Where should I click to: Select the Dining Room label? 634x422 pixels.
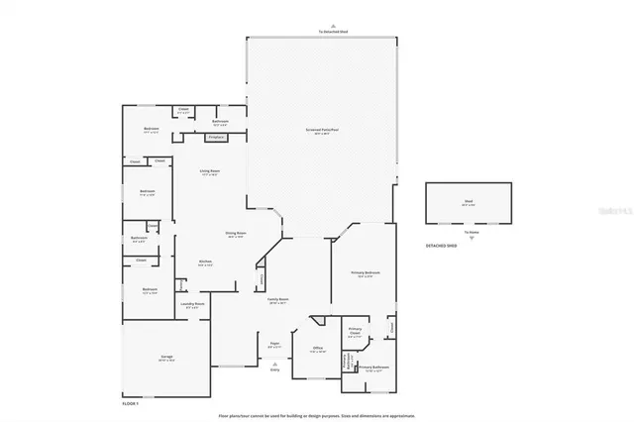(235, 234)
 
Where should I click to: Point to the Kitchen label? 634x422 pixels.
(205, 262)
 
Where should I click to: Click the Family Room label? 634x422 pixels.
(277, 298)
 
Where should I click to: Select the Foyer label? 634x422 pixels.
(275, 344)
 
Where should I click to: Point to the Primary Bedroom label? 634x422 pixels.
(367, 273)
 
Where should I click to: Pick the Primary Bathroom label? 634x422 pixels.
(372, 367)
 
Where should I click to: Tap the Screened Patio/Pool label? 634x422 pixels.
(322, 130)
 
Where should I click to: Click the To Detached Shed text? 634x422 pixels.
(333, 32)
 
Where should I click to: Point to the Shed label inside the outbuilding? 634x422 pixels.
(468, 201)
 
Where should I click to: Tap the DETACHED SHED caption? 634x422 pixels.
(442, 244)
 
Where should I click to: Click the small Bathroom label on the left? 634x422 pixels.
(140, 238)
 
